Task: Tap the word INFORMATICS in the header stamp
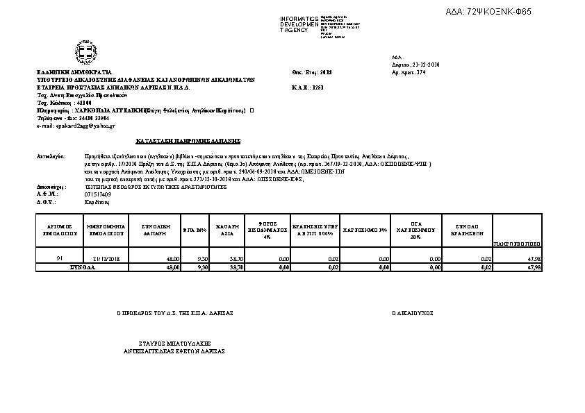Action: tap(299, 18)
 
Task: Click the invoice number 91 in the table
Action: tap(60, 258)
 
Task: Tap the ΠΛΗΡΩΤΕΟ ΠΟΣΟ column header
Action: tap(516, 244)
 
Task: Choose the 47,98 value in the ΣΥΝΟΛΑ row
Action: tap(534, 267)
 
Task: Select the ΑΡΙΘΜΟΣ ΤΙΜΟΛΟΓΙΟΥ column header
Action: tap(59, 230)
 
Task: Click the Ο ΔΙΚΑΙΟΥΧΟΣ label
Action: tap(412, 313)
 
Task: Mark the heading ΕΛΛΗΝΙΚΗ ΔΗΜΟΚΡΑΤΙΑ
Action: tap(74, 72)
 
